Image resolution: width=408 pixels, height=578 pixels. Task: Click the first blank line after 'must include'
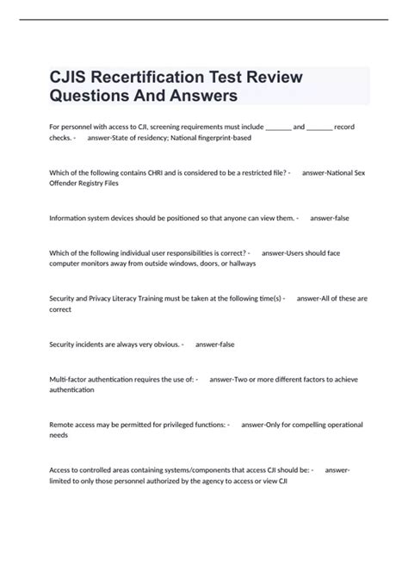click(x=278, y=127)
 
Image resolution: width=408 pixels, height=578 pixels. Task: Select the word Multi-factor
click(x=70, y=379)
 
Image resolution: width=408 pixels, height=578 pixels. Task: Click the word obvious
click(x=164, y=345)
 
